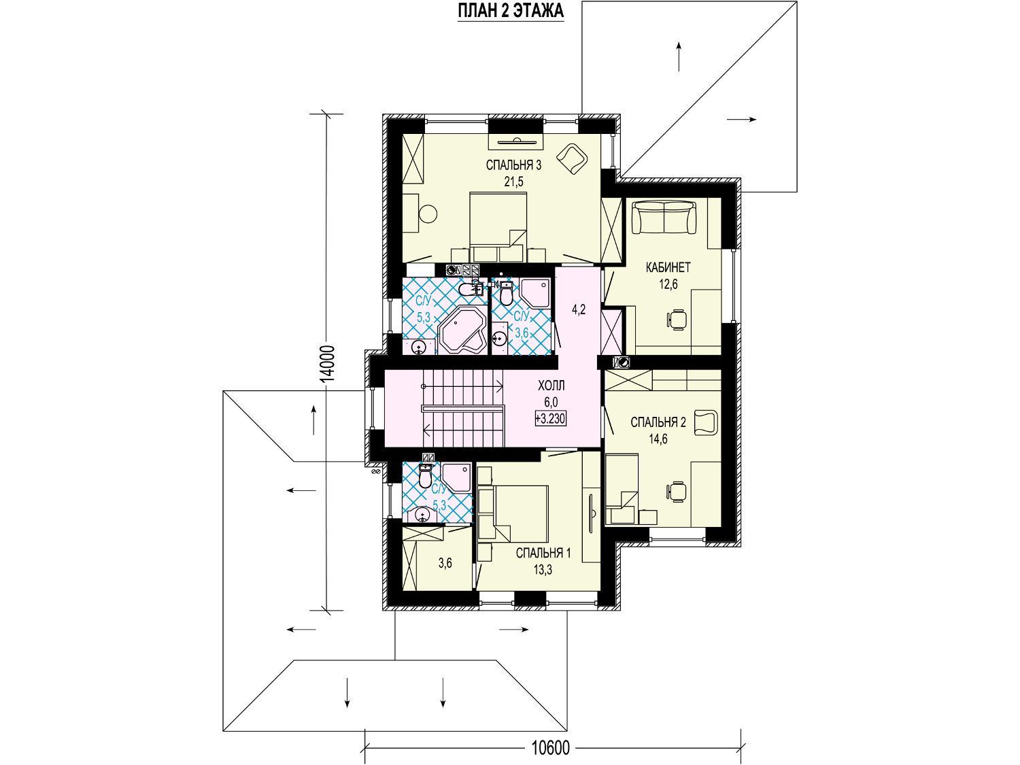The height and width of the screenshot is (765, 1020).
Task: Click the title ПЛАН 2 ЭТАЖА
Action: pos(511,11)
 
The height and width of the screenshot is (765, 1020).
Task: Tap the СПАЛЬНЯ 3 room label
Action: pos(513,165)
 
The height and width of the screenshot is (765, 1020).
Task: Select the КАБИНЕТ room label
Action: pos(668,267)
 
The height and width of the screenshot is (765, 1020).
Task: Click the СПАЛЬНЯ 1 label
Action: pos(543,553)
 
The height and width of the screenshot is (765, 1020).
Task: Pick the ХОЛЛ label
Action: pos(551,386)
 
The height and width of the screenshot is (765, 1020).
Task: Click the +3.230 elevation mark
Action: pos(550,419)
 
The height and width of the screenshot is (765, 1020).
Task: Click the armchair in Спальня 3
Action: pos(573,159)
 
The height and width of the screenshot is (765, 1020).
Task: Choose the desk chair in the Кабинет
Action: pos(677,320)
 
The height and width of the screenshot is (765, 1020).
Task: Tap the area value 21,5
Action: pos(514,182)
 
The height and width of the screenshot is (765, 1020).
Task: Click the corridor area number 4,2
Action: pos(579,309)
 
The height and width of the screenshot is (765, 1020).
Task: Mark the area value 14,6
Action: pos(658,439)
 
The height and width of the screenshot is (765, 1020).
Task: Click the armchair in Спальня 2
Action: pos(707,423)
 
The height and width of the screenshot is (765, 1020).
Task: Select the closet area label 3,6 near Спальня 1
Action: pos(445,564)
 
